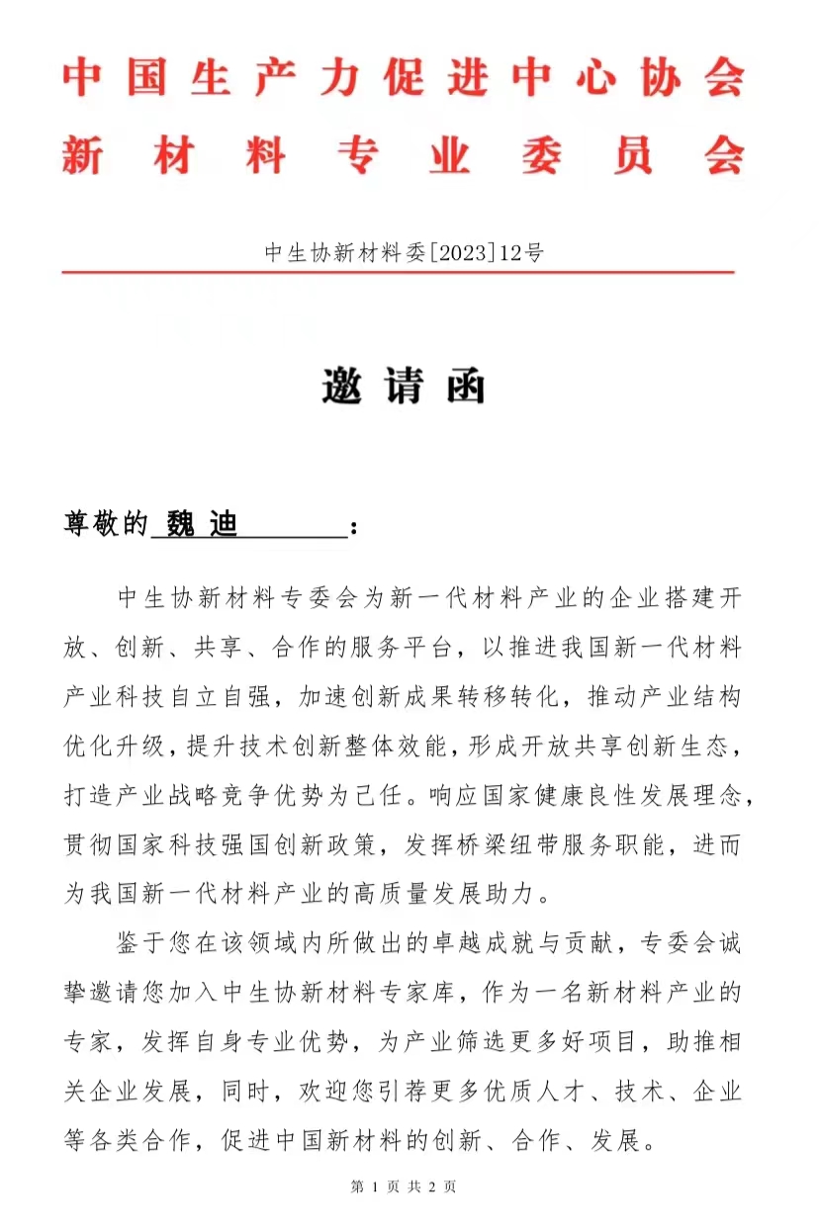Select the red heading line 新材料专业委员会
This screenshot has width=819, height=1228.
click(x=404, y=156)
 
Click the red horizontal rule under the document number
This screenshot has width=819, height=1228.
click(x=399, y=271)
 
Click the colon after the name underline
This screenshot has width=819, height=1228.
click(x=355, y=527)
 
